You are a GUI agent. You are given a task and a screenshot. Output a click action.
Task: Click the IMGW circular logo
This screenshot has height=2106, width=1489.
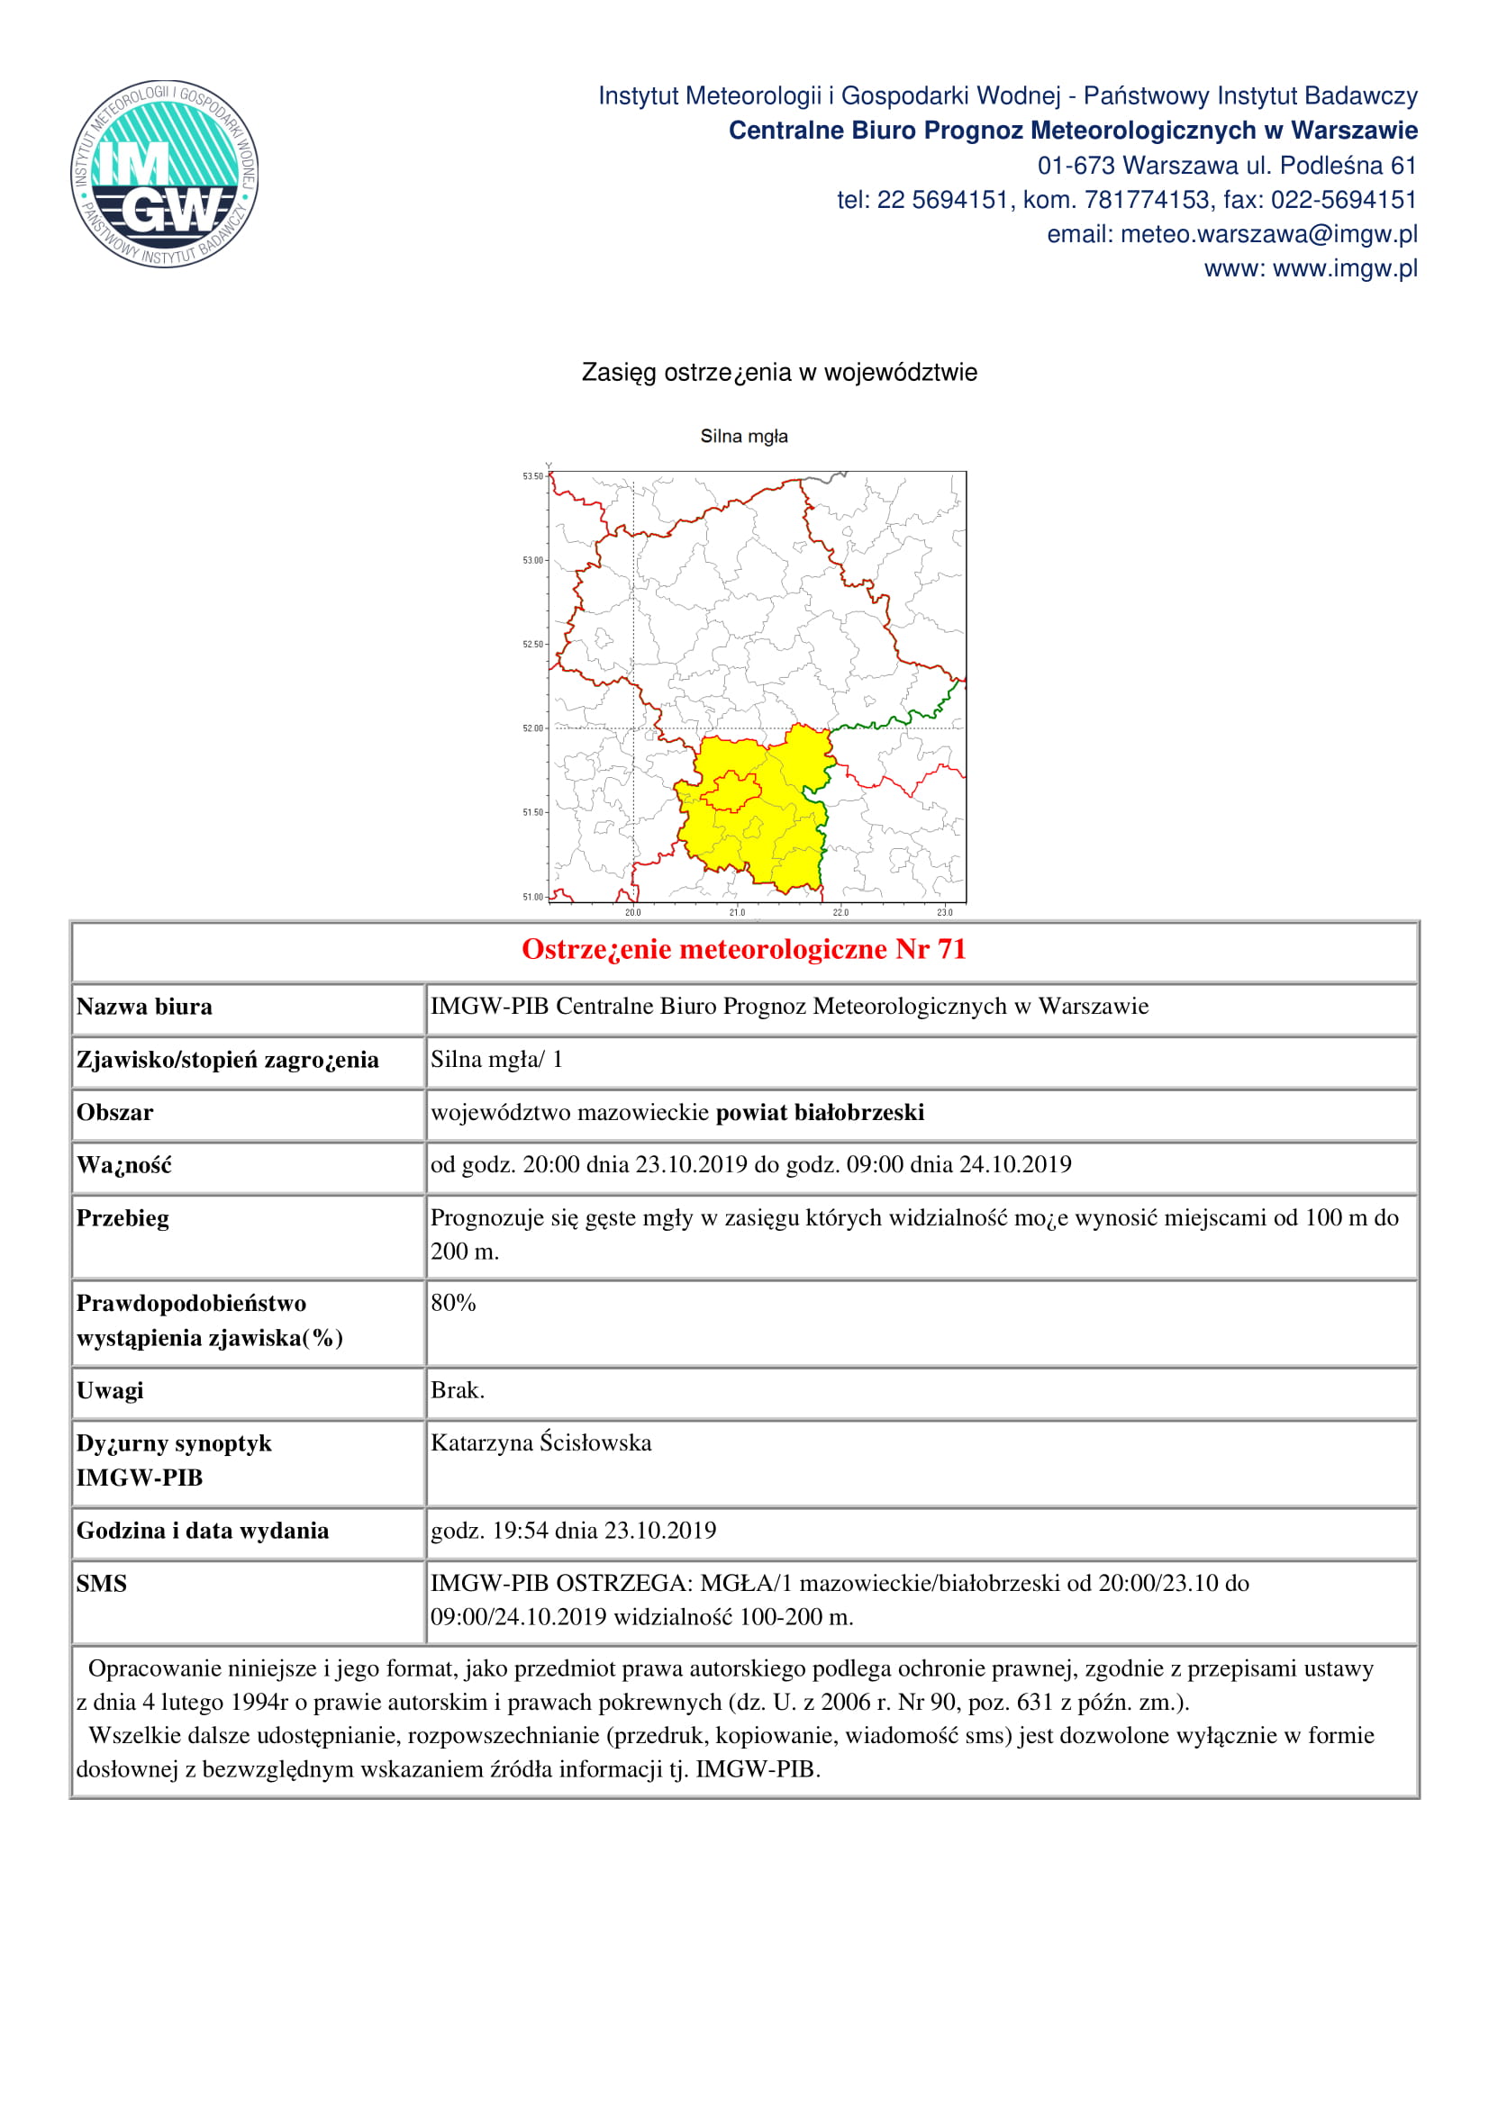(x=165, y=174)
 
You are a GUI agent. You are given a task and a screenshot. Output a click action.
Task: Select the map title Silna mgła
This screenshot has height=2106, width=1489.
(x=744, y=437)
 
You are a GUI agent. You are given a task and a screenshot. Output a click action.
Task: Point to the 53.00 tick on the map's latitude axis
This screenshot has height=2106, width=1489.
(x=534, y=560)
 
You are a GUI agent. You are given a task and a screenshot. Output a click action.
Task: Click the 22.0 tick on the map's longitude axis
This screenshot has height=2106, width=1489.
(x=840, y=912)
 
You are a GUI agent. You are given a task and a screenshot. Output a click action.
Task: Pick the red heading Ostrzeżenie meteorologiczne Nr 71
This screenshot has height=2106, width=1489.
(x=744, y=949)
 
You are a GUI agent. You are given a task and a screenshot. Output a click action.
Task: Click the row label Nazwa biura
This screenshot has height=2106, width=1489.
(x=145, y=1008)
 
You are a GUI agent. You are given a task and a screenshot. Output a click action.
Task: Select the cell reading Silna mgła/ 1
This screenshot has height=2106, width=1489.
(x=496, y=1060)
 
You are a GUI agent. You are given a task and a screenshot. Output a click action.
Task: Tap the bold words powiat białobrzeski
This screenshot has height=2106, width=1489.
(x=821, y=1113)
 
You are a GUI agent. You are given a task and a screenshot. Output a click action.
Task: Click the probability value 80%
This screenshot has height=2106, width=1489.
(x=453, y=1303)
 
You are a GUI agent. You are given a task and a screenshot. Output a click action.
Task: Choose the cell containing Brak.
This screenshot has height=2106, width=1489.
(x=457, y=1389)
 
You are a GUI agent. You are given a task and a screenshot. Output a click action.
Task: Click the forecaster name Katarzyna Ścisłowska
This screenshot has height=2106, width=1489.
(x=541, y=1442)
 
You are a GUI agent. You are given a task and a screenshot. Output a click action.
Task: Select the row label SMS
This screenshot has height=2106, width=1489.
(x=102, y=1583)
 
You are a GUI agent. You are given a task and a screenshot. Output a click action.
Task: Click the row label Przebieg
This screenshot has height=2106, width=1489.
(x=123, y=1218)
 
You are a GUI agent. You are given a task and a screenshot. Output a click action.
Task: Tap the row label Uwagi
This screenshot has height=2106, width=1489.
(x=110, y=1390)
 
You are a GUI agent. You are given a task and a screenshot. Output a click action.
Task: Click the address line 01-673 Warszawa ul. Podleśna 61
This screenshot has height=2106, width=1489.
(x=1227, y=166)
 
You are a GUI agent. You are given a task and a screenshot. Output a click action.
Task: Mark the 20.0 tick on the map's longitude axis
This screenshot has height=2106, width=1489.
(x=633, y=912)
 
